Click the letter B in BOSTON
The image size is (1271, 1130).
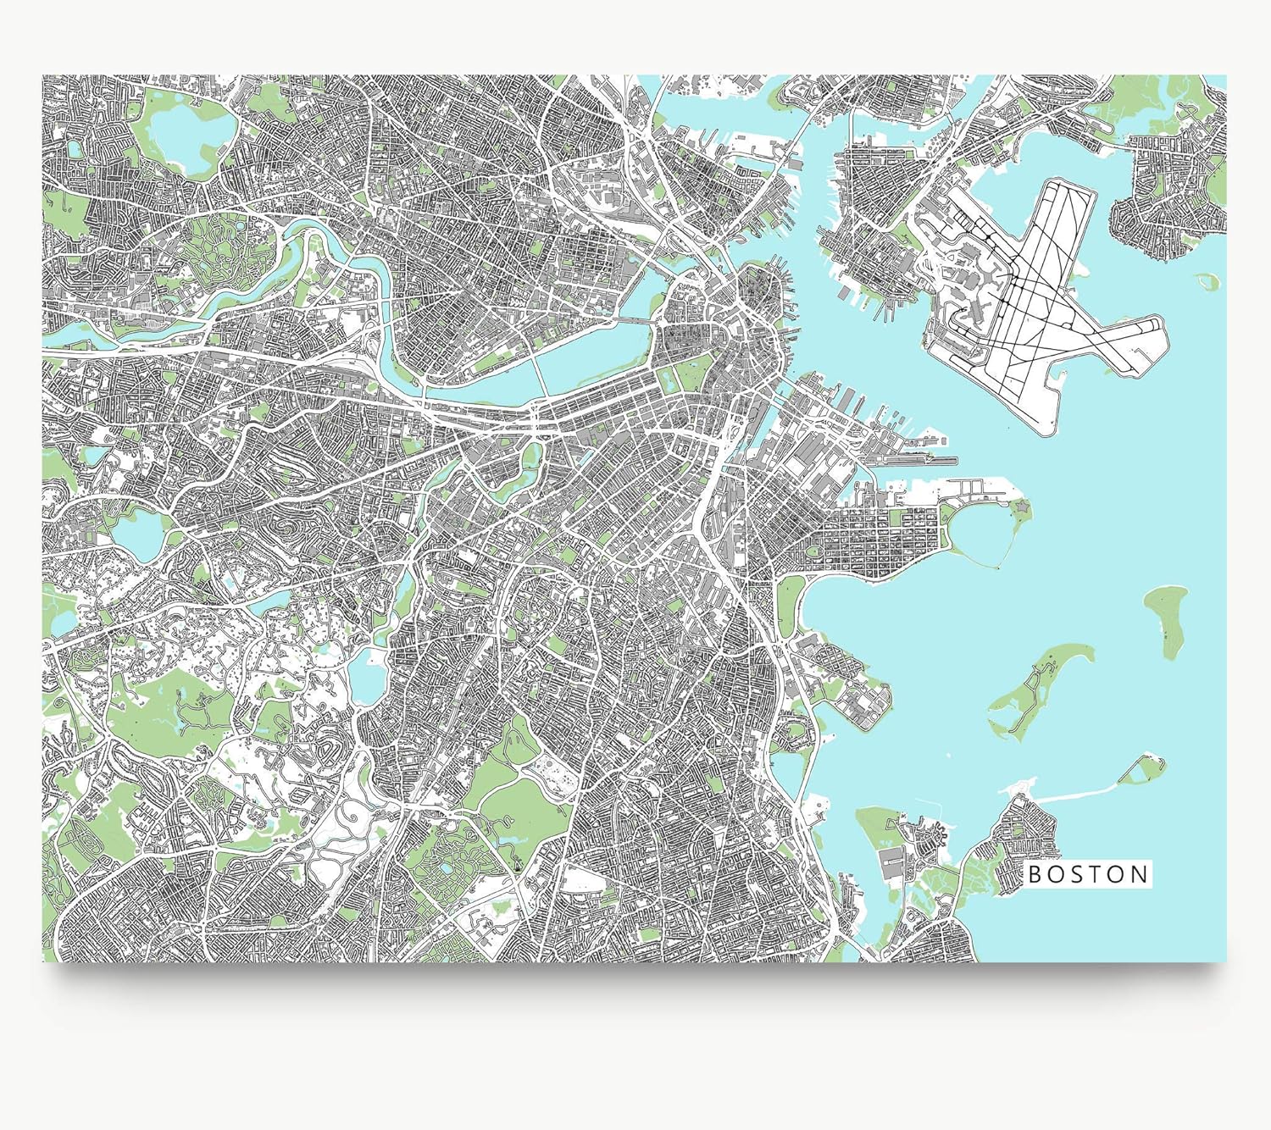(1035, 874)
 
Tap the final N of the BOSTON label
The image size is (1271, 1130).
(1141, 874)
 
